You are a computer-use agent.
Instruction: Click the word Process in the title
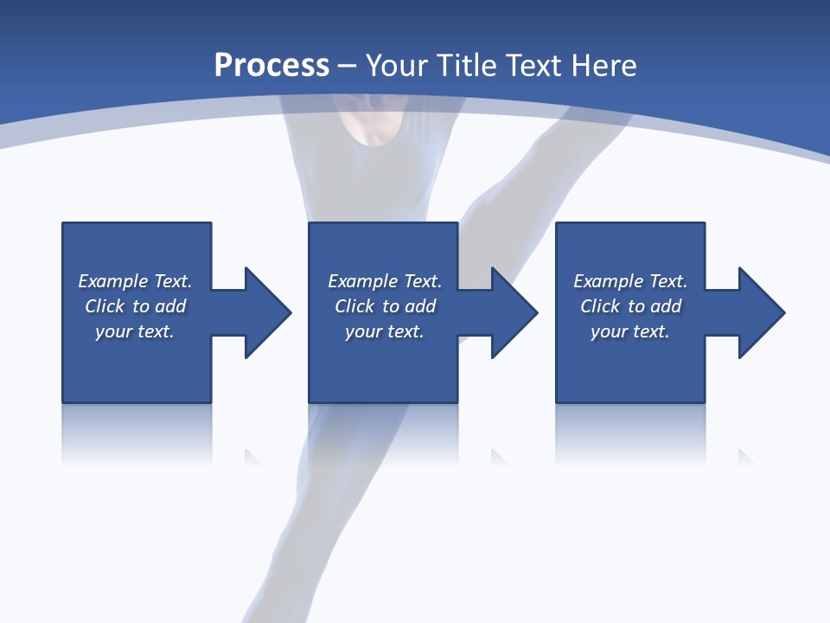click(x=271, y=66)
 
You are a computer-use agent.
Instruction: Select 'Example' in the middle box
click(x=362, y=281)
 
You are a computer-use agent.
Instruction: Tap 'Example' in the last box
click(x=608, y=281)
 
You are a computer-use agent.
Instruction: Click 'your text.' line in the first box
click(x=135, y=331)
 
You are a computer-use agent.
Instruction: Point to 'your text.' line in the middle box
click(x=385, y=331)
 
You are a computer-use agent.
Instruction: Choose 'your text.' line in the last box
click(x=630, y=331)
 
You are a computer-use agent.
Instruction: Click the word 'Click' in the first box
click(x=105, y=306)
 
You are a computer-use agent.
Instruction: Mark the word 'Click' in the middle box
click(x=354, y=306)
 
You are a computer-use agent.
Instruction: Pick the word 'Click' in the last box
click(x=600, y=306)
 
